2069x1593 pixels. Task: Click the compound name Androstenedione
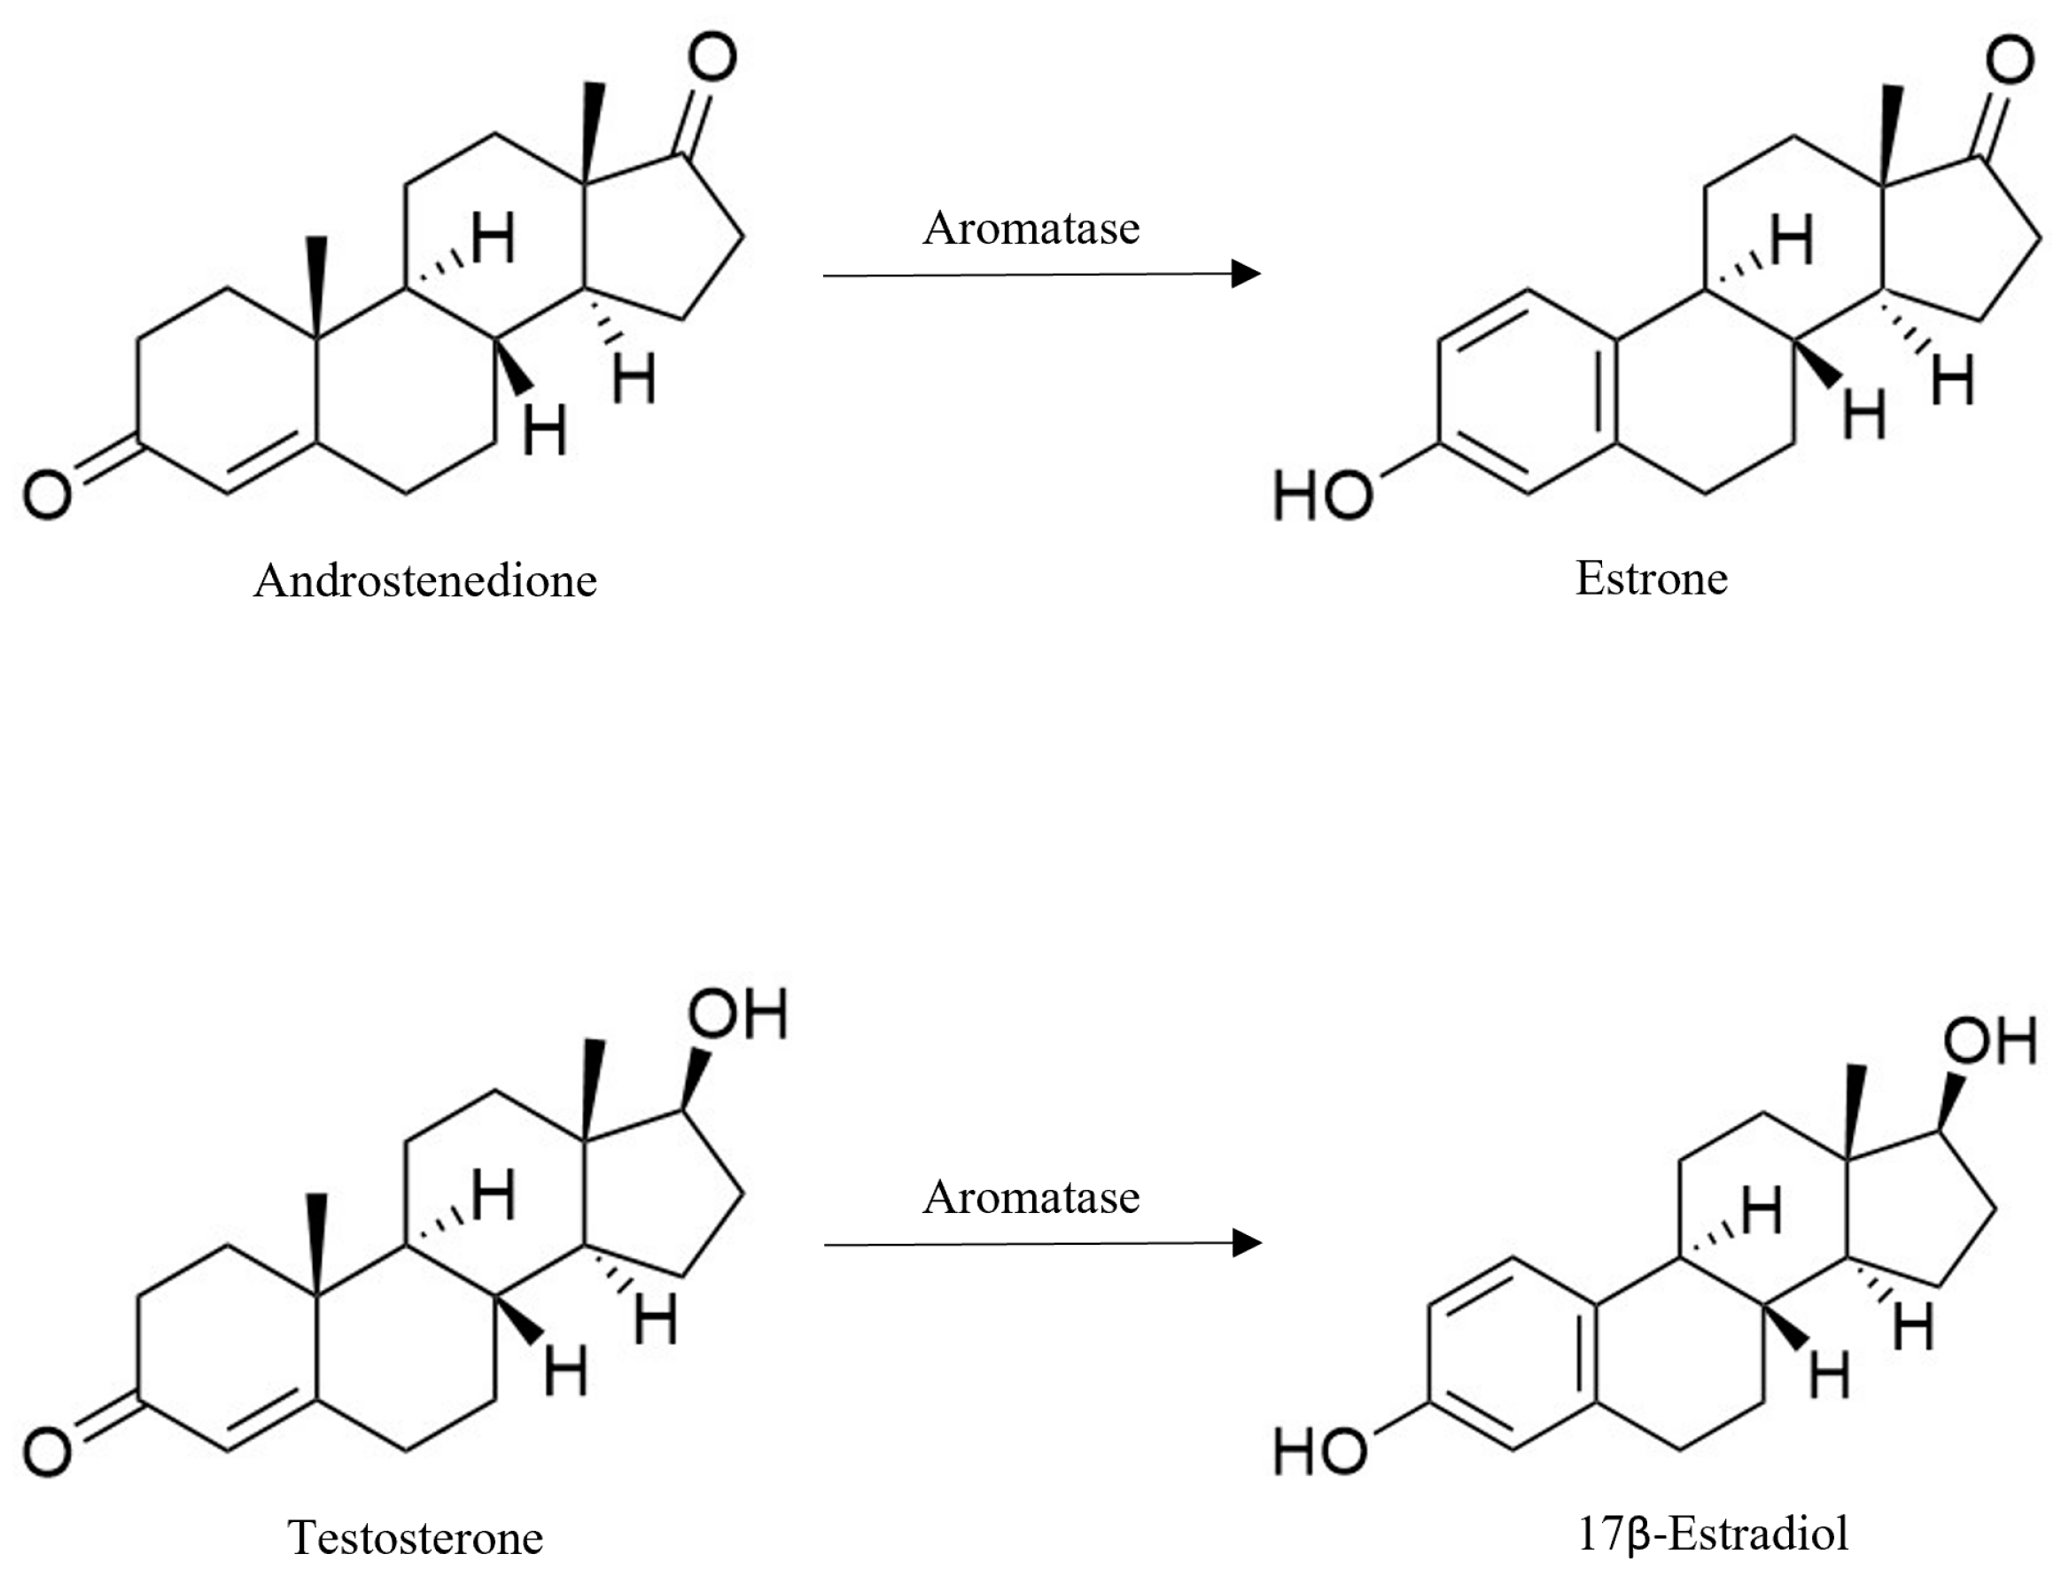click(425, 580)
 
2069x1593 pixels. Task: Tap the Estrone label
click(1652, 579)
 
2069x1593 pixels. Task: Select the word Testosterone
click(415, 1537)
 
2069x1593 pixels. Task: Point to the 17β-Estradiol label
click(1713, 1534)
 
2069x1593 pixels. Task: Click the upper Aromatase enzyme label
click(1031, 229)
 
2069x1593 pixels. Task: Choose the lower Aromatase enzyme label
click(1031, 1198)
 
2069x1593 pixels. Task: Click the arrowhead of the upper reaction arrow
click(1247, 274)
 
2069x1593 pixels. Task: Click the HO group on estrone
click(1323, 495)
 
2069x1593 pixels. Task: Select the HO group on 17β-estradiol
click(1319, 1452)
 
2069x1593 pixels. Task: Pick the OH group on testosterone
click(738, 1014)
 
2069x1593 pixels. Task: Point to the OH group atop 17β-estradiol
click(1989, 1041)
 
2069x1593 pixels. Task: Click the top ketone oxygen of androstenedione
click(712, 57)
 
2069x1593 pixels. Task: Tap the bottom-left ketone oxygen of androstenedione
click(47, 495)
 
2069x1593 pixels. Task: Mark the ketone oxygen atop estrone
click(2011, 59)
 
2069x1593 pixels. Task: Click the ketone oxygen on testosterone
click(47, 1452)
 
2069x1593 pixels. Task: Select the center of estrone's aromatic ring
click(1527, 391)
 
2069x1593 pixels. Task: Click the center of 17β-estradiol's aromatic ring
click(1513, 1355)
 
